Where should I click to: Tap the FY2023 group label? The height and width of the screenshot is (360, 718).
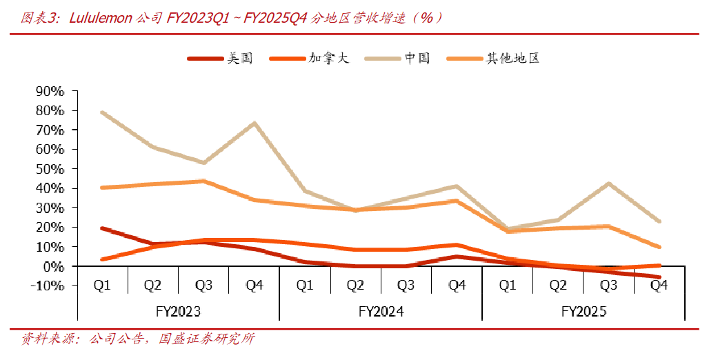pyautogui.click(x=178, y=312)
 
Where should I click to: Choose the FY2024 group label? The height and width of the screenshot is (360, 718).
pyautogui.click(x=381, y=312)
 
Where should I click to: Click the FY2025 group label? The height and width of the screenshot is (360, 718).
pyautogui.click(x=584, y=312)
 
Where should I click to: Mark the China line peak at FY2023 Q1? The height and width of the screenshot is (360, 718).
pyautogui.click(x=102, y=112)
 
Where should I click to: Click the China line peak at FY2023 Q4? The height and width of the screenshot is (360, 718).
pyautogui.click(x=254, y=123)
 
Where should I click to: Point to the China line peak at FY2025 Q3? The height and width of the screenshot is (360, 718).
pyautogui.click(x=608, y=183)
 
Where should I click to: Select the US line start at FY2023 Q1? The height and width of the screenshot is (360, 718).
pyautogui.click(x=102, y=228)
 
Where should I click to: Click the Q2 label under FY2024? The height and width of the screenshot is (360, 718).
pyautogui.click(x=355, y=286)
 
